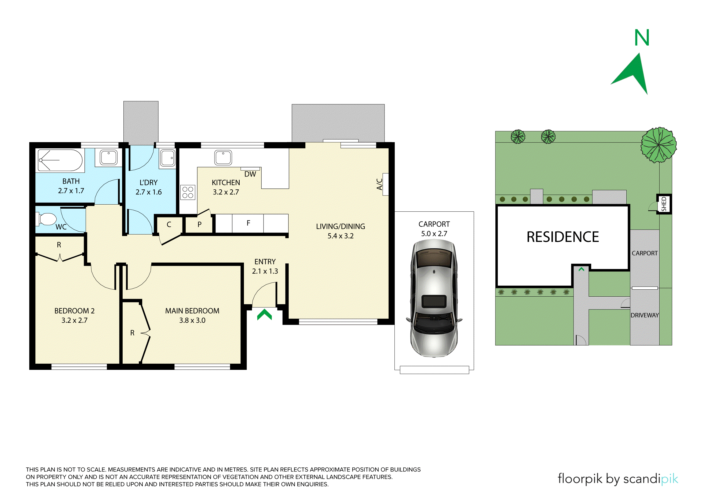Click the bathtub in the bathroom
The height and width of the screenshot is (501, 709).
(60, 160)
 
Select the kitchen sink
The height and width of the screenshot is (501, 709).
(223, 158)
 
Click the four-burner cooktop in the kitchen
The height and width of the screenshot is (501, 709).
(188, 192)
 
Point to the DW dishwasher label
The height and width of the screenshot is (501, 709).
(250, 174)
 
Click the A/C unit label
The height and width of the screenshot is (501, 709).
(379, 184)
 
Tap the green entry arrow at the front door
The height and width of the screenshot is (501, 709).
(265, 315)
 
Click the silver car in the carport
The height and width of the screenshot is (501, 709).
(434, 298)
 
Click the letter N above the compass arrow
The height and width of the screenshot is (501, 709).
(642, 38)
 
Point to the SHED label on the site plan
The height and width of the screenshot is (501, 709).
(664, 204)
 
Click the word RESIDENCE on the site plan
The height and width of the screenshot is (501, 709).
(563, 237)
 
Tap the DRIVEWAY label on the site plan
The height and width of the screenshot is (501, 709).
(645, 315)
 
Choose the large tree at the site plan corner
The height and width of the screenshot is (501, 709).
(659, 145)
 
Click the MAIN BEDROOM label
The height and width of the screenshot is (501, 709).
(192, 311)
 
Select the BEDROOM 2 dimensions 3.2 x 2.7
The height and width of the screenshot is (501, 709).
(74, 321)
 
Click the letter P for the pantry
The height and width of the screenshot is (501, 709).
(199, 224)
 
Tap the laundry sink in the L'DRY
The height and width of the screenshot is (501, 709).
(168, 158)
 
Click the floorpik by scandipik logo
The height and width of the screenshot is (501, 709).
(618, 479)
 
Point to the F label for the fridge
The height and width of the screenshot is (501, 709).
(248, 223)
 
